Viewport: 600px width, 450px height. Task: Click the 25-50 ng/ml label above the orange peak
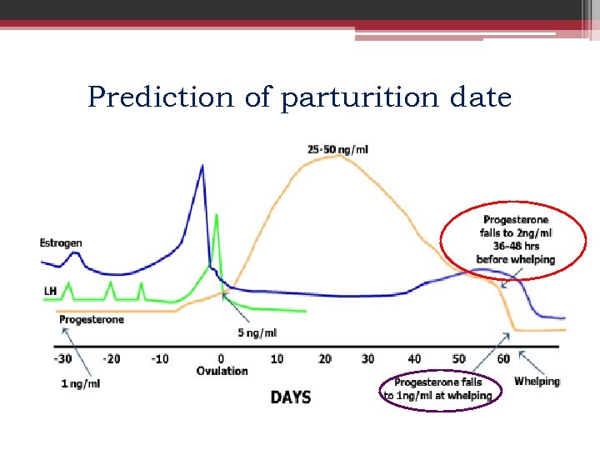click(x=337, y=150)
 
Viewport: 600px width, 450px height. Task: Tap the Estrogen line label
click(x=61, y=243)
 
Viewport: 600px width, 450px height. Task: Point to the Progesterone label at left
click(x=92, y=319)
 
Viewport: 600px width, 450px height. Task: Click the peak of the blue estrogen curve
click(x=202, y=167)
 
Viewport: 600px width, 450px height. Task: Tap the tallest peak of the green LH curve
click(x=217, y=215)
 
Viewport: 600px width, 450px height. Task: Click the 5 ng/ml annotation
click(x=257, y=333)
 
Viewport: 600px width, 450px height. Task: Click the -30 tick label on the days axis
click(x=62, y=358)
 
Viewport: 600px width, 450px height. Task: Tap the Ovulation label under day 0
click(x=222, y=371)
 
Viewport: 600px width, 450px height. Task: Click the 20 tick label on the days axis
click(x=325, y=358)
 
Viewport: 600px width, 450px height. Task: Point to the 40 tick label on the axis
click(x=414, y=358)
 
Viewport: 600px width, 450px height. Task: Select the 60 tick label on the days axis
click(x=503, y=358)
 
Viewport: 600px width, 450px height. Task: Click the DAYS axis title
click(x=291, y=397)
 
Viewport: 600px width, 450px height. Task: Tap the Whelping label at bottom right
click(x=537, y=381)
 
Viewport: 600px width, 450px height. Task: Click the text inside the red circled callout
click(x=515, y=239)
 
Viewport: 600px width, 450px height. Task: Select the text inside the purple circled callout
click(x=438, y=388)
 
